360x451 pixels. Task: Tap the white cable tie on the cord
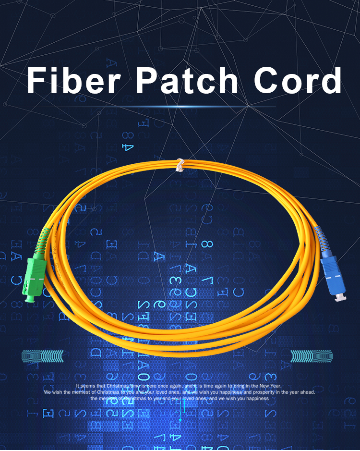point(180,165)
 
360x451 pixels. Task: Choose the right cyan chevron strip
point(312,356)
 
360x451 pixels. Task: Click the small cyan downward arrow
point(180,420)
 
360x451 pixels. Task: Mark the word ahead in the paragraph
point(307,392)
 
